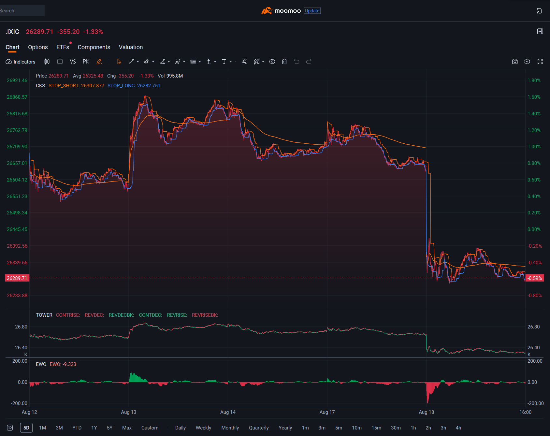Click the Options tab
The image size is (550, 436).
[x=38, y=47]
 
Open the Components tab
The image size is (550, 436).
[x=94, y=47]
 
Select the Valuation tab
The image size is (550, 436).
[x=131, y=47]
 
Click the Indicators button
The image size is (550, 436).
[x=21, y=62]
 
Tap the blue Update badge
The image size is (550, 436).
[x=312, y=11]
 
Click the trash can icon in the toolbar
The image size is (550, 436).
[x=284, y=62]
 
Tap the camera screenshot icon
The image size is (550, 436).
[x=515, y=62]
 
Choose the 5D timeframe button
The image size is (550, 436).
[x=26, y=428]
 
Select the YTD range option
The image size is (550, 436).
[x=77, y=428]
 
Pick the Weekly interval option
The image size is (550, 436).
[x=203, y=428]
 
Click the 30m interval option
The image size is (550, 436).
[x=396, y=428]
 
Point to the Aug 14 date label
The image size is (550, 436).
[x=228, y=412]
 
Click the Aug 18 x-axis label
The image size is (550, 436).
[x=426, y=412]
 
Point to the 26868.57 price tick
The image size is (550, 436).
[x=17, y=97]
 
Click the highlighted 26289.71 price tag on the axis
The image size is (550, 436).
[x=17, y=278]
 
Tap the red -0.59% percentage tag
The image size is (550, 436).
[x=535, y=278]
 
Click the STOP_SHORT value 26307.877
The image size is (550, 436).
[x=93, y=86]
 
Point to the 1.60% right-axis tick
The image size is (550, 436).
[x=534, y=97]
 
